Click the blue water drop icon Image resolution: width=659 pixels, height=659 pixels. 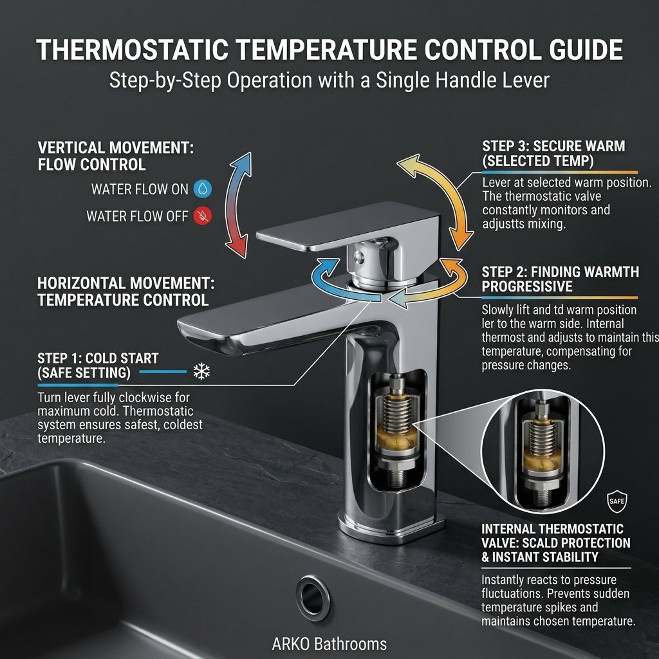click(203, 189)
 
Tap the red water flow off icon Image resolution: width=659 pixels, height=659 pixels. click(203, 216)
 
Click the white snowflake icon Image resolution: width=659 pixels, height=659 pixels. click(201, 371)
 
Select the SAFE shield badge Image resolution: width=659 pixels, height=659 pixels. click(617, 501)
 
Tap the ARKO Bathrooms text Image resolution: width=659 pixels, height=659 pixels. click(329, 644)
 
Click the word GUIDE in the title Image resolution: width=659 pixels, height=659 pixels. click(586, 50)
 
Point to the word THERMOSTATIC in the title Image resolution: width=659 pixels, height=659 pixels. click(133, 50)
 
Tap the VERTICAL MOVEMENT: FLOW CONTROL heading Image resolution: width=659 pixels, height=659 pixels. click(116, 156)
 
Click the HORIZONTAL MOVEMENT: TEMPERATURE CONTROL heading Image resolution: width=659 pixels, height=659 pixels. click(125, 292)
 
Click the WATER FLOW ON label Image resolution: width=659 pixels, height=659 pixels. click(140, 189)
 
